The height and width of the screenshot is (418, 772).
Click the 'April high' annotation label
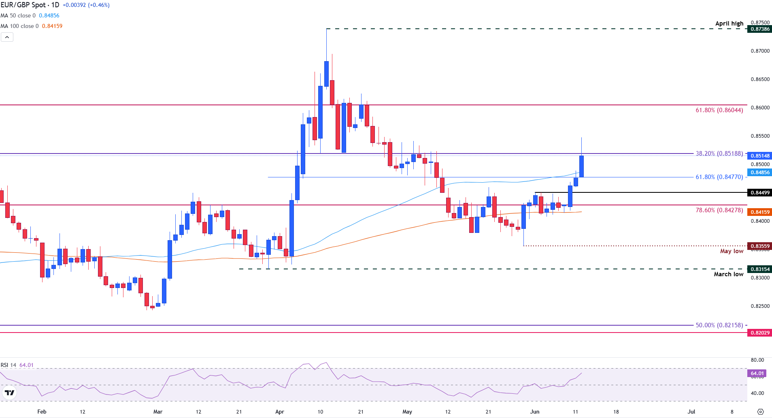pyautogui.click(x=729, y=23)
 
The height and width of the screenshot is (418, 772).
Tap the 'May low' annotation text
pyautogui.click(x=732, y=251)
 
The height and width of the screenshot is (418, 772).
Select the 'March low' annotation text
pyautogui.click(x=728, y=274)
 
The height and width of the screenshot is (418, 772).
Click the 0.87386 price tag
pyautogui.click(x=760, y=29)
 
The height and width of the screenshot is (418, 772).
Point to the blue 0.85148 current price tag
pyautogui.click(x=760, y=156)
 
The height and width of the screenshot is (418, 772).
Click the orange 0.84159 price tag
pyautogui.click(x=760, y=212)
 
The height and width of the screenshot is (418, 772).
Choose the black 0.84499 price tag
pyautogui.click(x=760, y=193)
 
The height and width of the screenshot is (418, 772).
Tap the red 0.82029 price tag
pyautogui.click(x=760, y=333)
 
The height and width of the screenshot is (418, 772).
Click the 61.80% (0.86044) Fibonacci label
pyautogui.click(x=719, y=110)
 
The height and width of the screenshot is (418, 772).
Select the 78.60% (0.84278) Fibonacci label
pyautogui.click(x=719, y=210)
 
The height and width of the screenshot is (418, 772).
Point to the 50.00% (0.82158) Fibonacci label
pyautogui.click(x=719, y=325)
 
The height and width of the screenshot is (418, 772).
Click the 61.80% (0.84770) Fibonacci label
pyautogui.click(x=719, y=177)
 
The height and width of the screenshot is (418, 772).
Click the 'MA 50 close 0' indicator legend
pyautogui.click(x=18, y=15)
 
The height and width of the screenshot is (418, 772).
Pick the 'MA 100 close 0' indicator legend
pyautogui.click(x=20, y=26)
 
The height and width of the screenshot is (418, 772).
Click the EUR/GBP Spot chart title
pyautogui.click(x=30, y=5)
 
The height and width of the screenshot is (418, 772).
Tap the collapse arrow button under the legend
pyautogui.click(x=7, y=37)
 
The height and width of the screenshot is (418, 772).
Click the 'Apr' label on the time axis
pyautogui.click(x=279, y=412)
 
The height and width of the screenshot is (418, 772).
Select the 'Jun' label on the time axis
pyautogui.click(x=535, y=412)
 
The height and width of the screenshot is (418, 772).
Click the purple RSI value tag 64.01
pyautogui.click(x=757, y=373)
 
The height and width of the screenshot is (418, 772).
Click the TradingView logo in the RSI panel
pyautogui.click(x=9, y=392)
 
